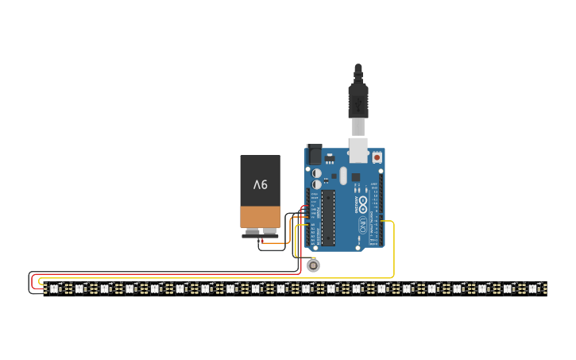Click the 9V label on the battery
tap(261, 184)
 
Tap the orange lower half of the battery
tap(261, 217)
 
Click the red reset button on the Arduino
tap(377, 158)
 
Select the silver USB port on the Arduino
tap(358, 149)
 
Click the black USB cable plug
tap(358, 99)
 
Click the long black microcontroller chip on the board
tap(328, 217)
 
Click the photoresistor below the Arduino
tap(314, 265)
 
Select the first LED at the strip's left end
tap(54, 288)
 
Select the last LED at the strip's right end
tap(533, 288)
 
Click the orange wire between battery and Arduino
tap(288, 230)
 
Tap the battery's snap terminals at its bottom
tap(261, 233)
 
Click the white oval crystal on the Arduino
tap(343, 175)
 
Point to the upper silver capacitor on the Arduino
tap(317, 172)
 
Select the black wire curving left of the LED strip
tap(29, 284)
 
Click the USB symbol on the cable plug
tap(358, 103)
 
